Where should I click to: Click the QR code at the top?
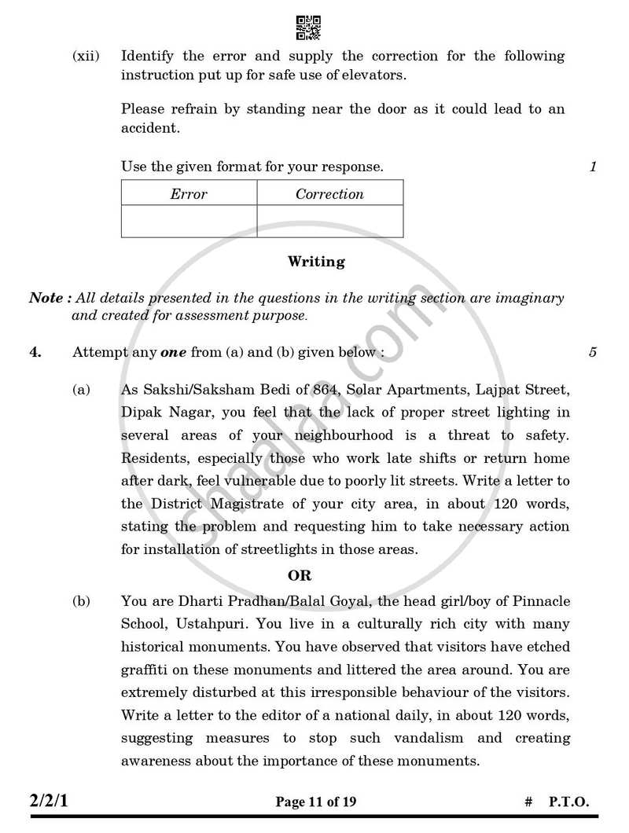[308, 28]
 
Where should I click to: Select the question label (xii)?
[86, 57]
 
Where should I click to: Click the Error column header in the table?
[189, 194]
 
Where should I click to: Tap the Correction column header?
[329, 194]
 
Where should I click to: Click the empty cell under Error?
[189, 222]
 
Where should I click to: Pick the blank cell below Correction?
[329, 222]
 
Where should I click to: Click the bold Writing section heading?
[316, 262]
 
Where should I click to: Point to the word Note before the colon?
[46, 299]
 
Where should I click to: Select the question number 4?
[35, 353]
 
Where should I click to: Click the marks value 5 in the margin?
[592, 353]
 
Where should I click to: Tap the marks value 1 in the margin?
[593, 167]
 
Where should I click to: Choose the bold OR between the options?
[300, 576]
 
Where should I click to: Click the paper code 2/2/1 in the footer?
[53, 802]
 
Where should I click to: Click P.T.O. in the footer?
[568, 802]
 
